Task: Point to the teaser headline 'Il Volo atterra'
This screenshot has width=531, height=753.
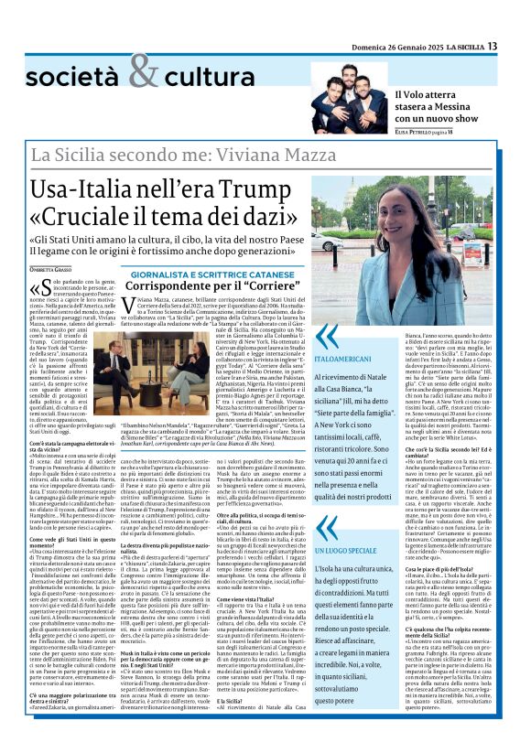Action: click(x=438, y=93)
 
